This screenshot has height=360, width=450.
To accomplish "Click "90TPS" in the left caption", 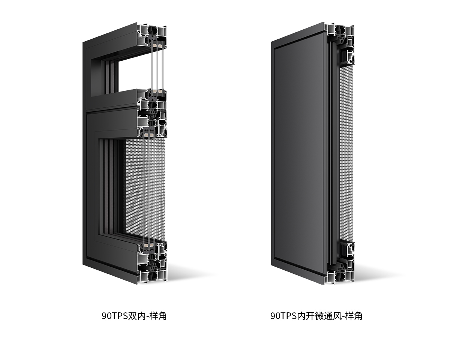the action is [x=115, y=316].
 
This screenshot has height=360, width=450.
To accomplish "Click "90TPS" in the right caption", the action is [x=283, y=316].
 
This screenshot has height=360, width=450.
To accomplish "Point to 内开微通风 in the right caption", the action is [x=319, y=316].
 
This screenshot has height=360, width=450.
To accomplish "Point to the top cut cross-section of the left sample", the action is [x=152, y=37].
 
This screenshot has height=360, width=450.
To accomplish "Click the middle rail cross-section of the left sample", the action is [x=152, y=113].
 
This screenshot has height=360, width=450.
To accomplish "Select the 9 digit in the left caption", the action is [x=104, y=316].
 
